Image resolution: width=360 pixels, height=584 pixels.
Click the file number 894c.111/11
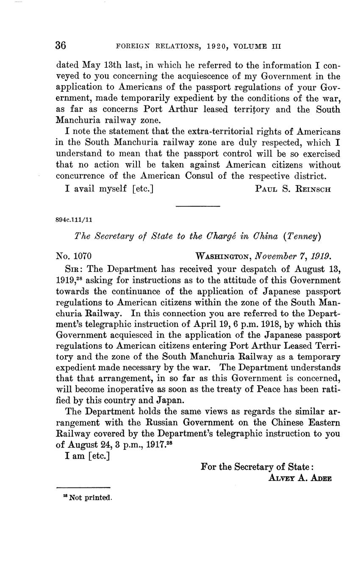point(74,220)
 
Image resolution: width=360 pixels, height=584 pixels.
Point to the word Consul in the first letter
point(200,176)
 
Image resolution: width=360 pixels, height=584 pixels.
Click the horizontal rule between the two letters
point(198,206)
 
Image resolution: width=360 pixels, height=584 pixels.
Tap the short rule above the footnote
point(83,488)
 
